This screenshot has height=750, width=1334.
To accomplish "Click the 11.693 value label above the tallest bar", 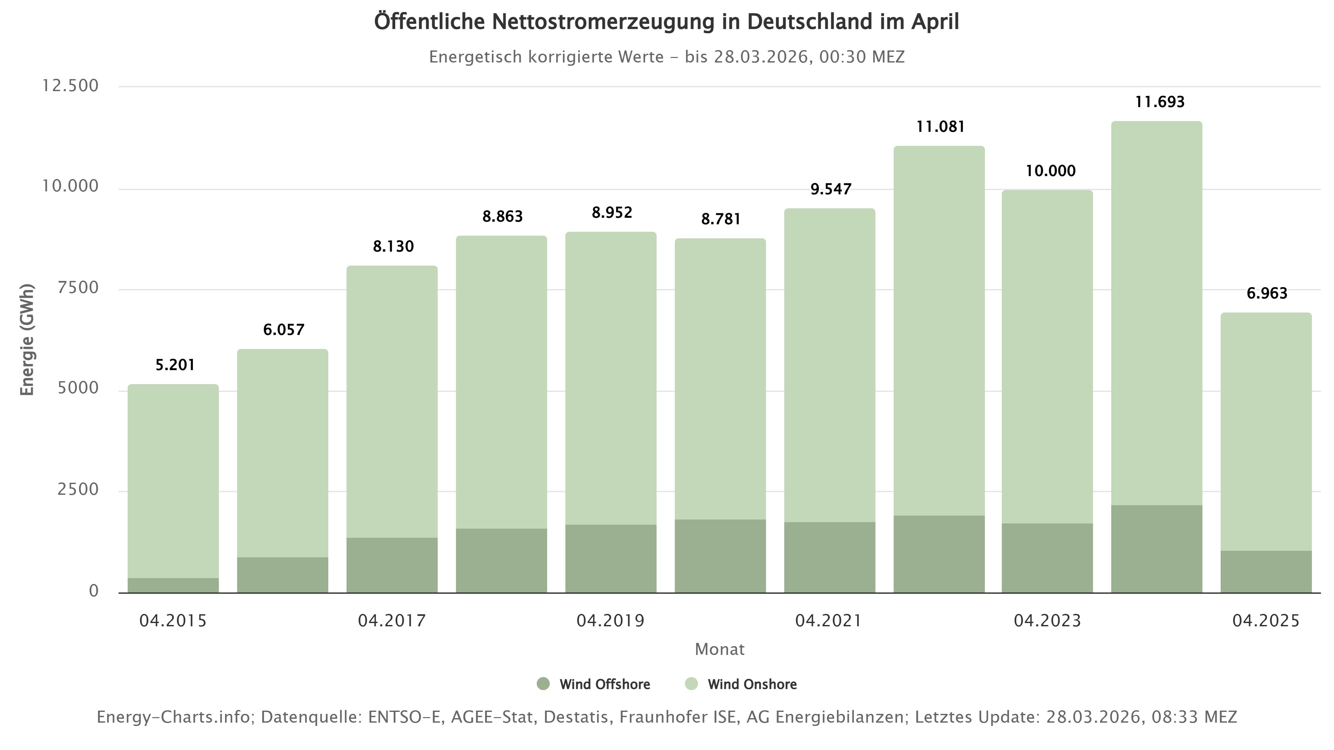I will (1159, 102).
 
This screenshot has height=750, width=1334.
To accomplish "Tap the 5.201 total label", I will (175, 366).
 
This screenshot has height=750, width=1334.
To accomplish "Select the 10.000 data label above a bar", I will (1050, 171).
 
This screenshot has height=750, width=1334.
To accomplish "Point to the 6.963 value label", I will (1267, 294).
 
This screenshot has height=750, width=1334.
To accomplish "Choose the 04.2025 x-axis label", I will (1266, 620).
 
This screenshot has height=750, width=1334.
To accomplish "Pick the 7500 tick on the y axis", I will (78, 288).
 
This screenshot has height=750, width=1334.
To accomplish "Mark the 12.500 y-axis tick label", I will (70, 86).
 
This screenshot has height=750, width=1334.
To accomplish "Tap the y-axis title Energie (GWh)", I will (27, 340).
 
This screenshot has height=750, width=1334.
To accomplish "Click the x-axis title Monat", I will (719, 649).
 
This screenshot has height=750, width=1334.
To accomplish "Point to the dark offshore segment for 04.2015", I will (173, 585).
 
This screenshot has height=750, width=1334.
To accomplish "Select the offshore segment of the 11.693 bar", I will (1157, 549).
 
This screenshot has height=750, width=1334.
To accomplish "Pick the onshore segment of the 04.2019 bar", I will (611, 378).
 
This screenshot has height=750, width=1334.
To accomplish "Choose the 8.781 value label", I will (720, 219).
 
